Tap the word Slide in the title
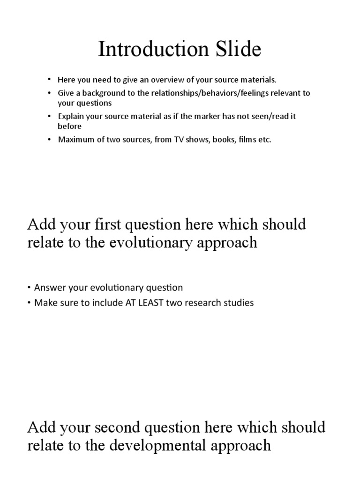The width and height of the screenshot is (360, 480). [236, 50]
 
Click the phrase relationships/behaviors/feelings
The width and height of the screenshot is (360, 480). [197, 93]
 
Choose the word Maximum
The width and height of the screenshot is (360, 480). [74, 140]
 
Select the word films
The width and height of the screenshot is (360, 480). [240, 140]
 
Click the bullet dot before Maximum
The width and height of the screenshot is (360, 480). [49, 140]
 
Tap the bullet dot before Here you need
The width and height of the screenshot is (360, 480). [49, 80]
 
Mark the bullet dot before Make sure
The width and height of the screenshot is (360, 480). [30, 303]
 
